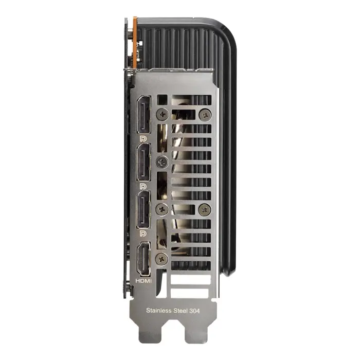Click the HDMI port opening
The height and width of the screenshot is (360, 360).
143,260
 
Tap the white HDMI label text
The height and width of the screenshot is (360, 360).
143,281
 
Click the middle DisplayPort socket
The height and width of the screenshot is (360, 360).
143,162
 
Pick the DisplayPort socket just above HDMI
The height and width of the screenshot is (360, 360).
143,210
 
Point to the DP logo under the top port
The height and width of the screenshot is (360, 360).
143,138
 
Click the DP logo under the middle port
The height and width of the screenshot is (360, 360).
143,185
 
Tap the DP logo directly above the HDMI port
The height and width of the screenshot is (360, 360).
143,233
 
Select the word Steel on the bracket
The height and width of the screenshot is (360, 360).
179,310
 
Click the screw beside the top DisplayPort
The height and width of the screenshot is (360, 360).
163,114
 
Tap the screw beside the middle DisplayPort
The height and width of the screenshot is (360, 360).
163,161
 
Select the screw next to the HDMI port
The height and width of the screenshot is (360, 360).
163,259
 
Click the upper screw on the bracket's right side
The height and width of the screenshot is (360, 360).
205,114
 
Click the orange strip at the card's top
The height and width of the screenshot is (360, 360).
135,41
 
